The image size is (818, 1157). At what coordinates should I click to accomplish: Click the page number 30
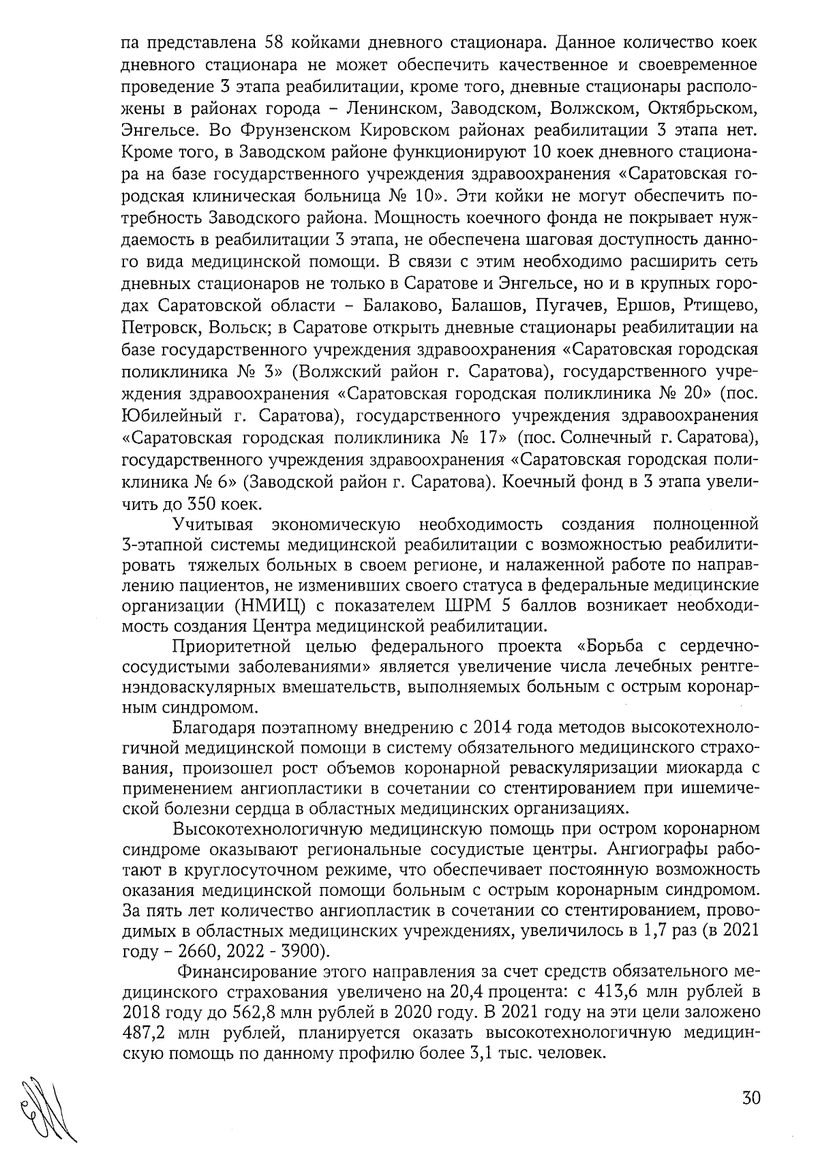point(750,1098)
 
